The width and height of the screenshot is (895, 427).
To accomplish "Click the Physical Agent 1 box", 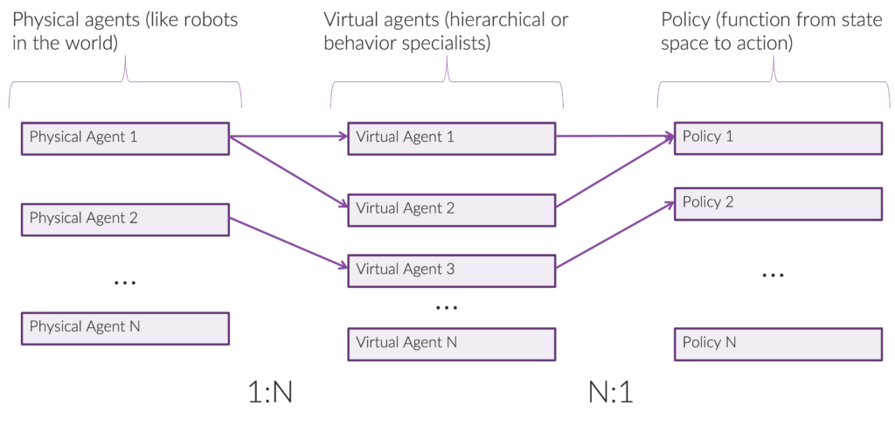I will pos(124,138).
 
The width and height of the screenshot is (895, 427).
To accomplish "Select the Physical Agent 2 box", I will pos(124,219).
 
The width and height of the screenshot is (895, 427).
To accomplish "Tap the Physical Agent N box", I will pos(124,328).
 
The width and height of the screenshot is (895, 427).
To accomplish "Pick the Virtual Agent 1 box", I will pos(452,138).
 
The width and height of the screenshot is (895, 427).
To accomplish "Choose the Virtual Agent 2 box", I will pos(452,209).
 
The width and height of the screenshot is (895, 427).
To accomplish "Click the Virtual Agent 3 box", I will pos(452,270).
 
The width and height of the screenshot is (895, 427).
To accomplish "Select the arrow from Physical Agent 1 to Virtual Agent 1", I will pos(288,136).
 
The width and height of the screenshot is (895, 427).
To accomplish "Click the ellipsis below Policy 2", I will pos(773,276).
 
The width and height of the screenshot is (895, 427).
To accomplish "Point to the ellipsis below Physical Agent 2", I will pos(126,282).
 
